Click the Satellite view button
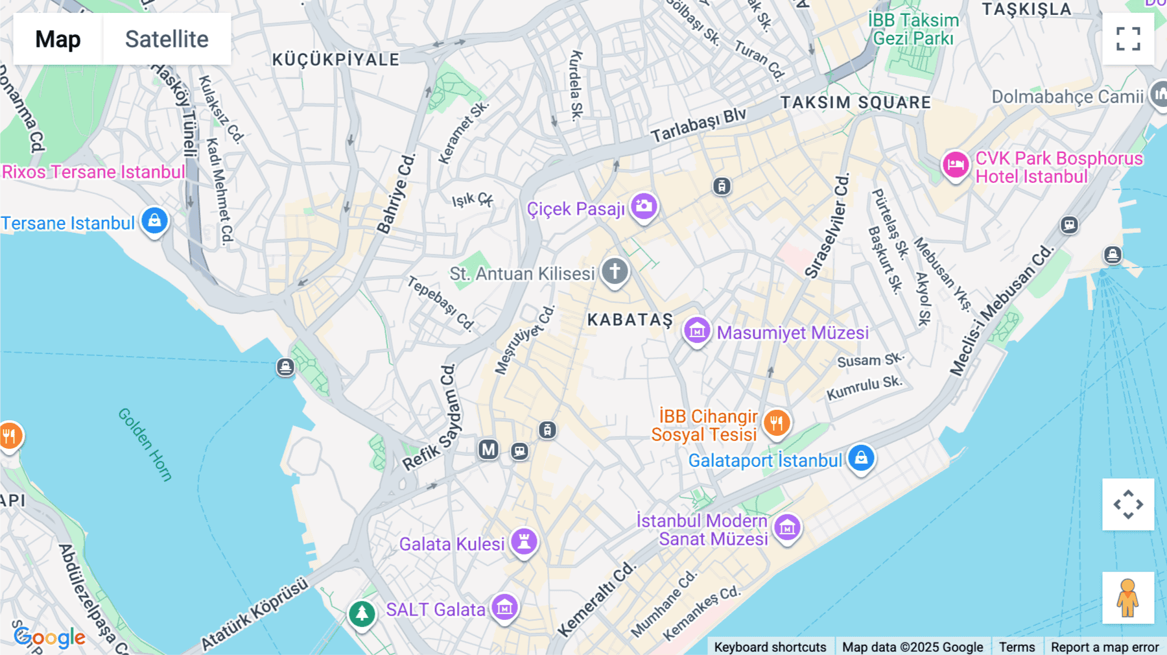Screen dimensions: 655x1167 click(x=167, y=39)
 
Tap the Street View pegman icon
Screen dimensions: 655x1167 click(x=1127, y=597)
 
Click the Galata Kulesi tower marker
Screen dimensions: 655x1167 click(x=524, y=541)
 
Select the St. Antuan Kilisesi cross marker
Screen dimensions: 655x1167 click(x=615, y=270)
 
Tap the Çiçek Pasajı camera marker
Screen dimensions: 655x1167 click(x=644, y=206)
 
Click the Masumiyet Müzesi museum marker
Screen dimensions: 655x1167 click(x=697, y=331)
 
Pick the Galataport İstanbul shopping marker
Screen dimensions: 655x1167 click(x=861, y=458)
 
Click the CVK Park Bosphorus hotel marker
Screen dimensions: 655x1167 click(x=956, y=165)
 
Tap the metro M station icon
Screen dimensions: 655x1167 click(x=488, y=449)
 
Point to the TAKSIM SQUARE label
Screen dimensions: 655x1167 click(x=856, y=102)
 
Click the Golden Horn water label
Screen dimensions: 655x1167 click(x=145, y=445)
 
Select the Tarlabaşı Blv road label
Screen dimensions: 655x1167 click(x=699, y=125)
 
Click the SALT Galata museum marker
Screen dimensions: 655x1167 click(x=504, y=608)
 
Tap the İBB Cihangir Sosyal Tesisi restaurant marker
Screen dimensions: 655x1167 click(x=776, y=423)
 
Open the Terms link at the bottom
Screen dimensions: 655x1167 click(x=1017, y=647)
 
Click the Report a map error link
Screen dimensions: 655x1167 click(x=1104, y=647)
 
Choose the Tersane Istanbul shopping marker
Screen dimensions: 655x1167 click(x=154, y=221)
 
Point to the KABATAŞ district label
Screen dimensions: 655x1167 click(x=630, y=320)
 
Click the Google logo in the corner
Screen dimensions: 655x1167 click(x=50, y=637)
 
